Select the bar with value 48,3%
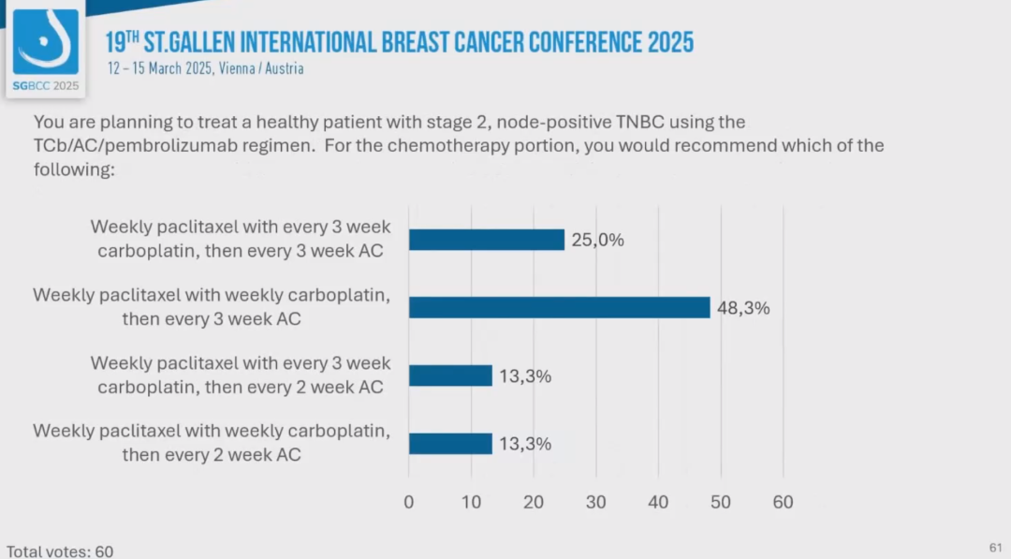(559, 307)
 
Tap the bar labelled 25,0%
(486, 240)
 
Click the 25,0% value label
(597, 240)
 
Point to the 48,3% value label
(743, 307)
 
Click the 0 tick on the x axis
(409, 502)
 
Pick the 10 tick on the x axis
(471, 502)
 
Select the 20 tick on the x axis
(534, 502)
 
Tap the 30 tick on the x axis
(596, 502)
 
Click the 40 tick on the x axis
(658, 502)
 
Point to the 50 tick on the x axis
(721, 502)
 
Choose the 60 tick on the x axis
(783, 502)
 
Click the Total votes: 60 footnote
(60, 552)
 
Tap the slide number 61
(994, 547)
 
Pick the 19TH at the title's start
(122, 42)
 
